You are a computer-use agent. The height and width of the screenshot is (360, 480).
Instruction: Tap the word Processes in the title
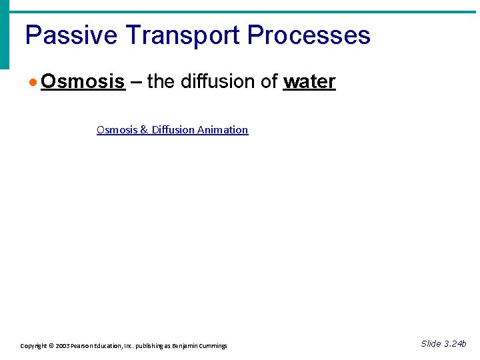tap(309, 35)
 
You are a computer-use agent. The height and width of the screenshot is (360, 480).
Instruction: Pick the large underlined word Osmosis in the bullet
tap(83, 82)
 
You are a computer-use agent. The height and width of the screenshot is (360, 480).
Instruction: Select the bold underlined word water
tap(309, 82)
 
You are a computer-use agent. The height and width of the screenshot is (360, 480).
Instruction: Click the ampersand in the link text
tap(144, 130)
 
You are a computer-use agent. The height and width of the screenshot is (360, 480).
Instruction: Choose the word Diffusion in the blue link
tap(172, 130)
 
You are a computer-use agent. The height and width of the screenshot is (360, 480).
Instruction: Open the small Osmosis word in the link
tap(117, 130)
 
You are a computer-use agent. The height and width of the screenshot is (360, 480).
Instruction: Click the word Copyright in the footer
tap(33, 346)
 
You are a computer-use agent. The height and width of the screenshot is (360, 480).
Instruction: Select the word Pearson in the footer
tap(84, 346)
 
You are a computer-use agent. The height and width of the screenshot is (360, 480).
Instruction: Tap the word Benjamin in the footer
tap(185, 346)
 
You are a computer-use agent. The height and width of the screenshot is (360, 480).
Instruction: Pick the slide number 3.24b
tap(454, 344)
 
